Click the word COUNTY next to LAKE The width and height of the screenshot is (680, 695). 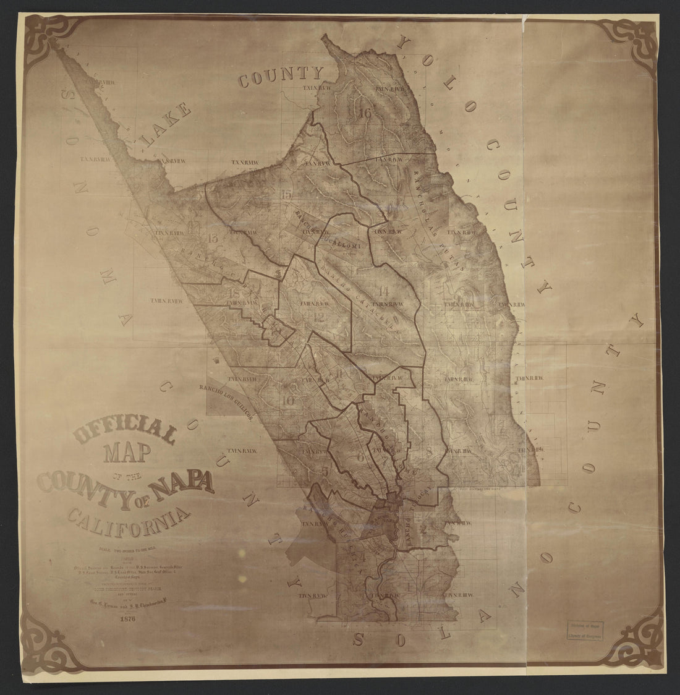click(281, 77)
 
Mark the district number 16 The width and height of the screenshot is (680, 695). click(363, 114)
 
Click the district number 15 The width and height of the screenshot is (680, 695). click(286, 196)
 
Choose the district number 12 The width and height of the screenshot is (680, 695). click(319, 317)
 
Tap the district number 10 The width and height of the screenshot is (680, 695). click(287, 399)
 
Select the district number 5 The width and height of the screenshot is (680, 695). click(325, 471)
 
